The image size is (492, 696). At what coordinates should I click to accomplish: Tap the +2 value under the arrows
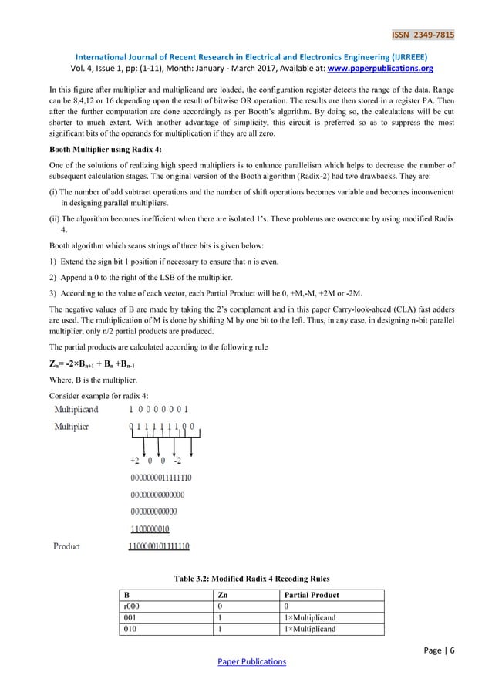coord(136,461)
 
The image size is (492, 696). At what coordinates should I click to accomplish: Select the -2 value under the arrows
coord(177,461)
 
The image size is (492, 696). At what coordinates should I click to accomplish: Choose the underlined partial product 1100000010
coord(150,529)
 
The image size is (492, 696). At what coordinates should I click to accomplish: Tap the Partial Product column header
coord(313,596)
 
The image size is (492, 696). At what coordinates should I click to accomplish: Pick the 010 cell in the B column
coord(129,629)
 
